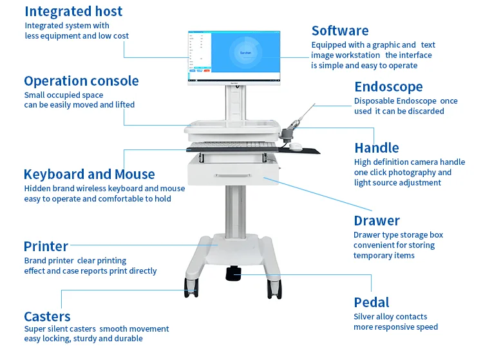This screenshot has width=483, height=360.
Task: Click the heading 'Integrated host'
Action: click(x=73, y=12)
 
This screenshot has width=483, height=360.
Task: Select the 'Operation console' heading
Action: click(x=81, y=81)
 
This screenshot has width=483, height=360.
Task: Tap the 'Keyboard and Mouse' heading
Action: click(x=89, y=175)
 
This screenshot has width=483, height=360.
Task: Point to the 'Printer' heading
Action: click(x=46, y=247)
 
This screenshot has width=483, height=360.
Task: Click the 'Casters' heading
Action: click(x=47, y=316)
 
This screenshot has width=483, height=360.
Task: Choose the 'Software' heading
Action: click(x=340, y=31)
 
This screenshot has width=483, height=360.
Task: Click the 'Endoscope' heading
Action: click(x=388, y=87)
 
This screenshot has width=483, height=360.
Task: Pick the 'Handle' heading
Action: click(x=377, y=148)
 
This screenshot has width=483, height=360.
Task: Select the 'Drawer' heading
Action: click(x=377, y=221)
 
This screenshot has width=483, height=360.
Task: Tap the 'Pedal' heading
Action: click(x=372, y=303)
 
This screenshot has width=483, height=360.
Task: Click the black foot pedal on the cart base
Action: click(x=234, y=273)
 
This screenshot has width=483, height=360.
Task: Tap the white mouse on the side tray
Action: click(x=296, y=146)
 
